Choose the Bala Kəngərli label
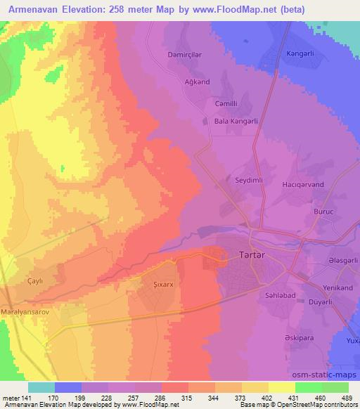(x=238, y=121)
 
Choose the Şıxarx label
(x=164, y=285)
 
